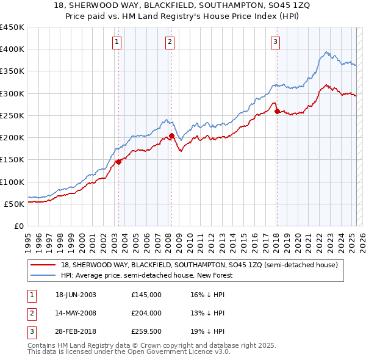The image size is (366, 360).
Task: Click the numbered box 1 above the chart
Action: tap(117, 42)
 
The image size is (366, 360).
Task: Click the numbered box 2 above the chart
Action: tap(170, 42)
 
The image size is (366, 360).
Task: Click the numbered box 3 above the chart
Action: tap(276, 42)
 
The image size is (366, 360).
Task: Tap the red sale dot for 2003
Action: tap(118, 162)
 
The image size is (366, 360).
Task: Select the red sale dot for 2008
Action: tap(171, 135)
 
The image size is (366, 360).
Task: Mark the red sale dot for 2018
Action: tap(277, 111)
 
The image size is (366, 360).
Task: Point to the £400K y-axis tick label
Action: tap(12, 49)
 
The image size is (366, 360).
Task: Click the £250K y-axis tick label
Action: tap(12, 115)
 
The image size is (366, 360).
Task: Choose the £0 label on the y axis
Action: tap(18, 226)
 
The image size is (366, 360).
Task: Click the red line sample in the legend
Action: tap(43, 265)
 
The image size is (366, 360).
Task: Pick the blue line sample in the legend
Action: tap(43, 275)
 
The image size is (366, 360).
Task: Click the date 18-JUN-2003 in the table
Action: tap(76, 295)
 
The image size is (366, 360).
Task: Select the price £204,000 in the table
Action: tap(146, 313)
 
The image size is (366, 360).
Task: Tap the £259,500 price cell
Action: tap(146, 331)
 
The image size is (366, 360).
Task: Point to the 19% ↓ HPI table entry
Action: tap(207, 331)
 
